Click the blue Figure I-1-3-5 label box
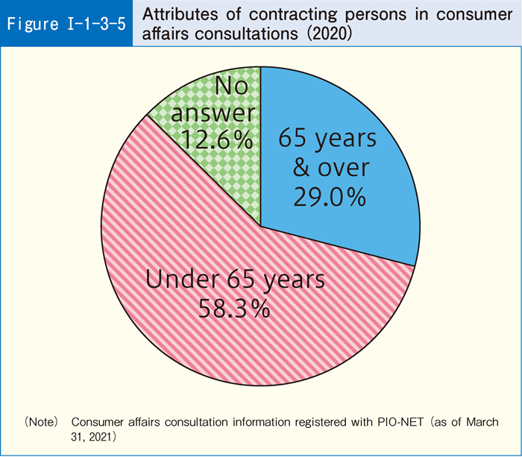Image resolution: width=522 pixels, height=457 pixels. tap(66, 23)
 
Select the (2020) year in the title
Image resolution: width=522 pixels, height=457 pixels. tap(317, 34)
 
